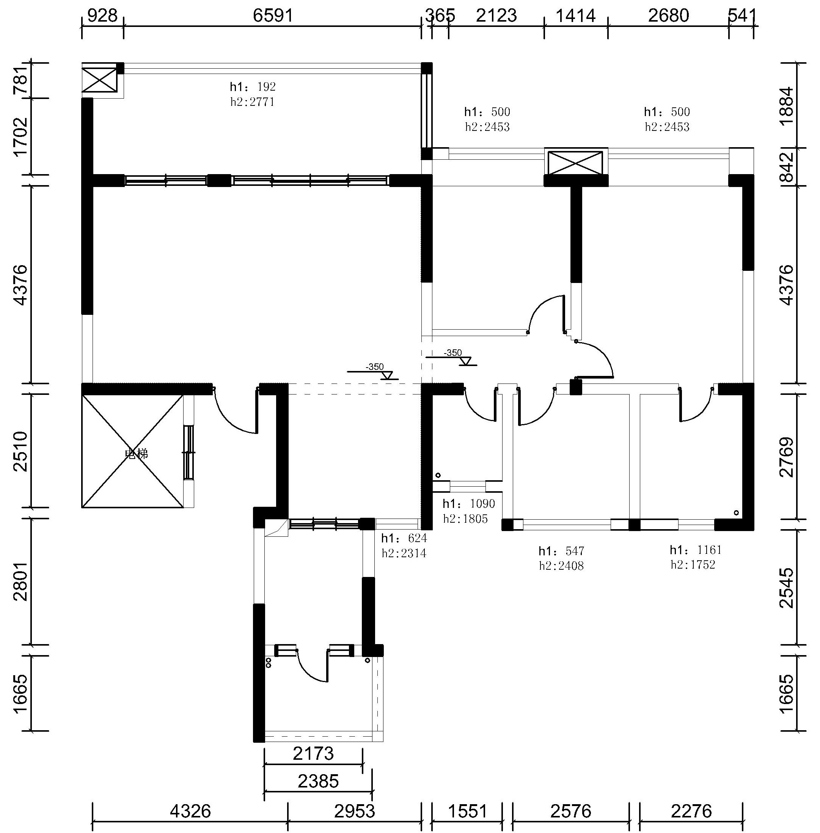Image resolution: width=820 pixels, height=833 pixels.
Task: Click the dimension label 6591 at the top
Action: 273,16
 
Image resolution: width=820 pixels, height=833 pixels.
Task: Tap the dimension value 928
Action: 102,16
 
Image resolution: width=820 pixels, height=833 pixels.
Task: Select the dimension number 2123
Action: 496,16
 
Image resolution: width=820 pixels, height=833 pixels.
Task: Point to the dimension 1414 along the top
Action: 576,16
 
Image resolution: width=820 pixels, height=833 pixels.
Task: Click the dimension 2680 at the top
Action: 668,16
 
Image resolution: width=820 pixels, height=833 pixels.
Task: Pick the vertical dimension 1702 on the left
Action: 21,137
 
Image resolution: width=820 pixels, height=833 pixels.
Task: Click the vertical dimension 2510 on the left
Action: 21,452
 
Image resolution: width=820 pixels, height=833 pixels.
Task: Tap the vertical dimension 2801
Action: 21,582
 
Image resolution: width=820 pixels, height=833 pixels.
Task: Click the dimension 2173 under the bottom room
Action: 313,753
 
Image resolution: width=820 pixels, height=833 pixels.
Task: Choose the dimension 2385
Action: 318,781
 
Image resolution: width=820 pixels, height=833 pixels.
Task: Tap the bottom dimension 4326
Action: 190,811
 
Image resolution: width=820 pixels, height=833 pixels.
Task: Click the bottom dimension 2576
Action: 571,811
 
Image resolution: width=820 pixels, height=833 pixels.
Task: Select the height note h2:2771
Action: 252,102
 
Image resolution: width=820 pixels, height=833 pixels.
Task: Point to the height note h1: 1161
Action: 695,550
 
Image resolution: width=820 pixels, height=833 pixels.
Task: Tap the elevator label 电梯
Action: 137,454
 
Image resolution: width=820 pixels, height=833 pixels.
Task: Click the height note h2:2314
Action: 404,553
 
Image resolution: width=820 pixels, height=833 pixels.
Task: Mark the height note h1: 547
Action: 561,551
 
